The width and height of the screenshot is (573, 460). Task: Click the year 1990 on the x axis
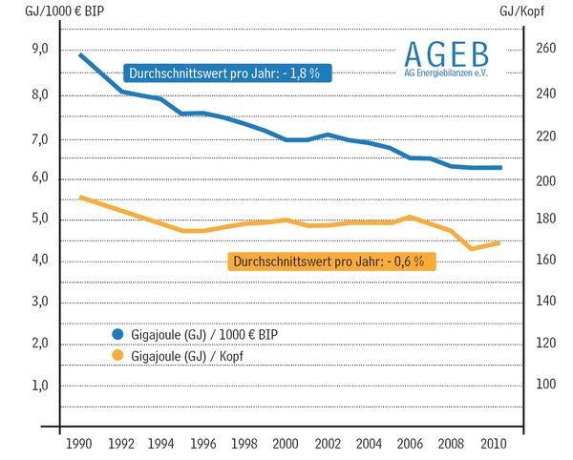pos(80,445)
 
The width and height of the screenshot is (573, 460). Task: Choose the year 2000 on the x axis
pos(286,445)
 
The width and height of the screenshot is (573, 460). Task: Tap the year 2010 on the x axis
pos(493,445)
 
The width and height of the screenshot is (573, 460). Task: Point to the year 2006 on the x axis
pos(411,445)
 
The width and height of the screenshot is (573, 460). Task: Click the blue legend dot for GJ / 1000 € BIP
pos(118,334)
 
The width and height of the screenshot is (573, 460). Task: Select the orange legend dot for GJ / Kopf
pos(118,355)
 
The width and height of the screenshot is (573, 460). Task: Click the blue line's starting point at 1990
pos(80,54)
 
